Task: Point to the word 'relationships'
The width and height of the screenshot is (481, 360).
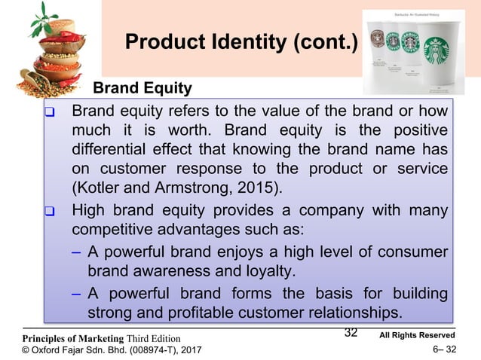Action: coord(355,310)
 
